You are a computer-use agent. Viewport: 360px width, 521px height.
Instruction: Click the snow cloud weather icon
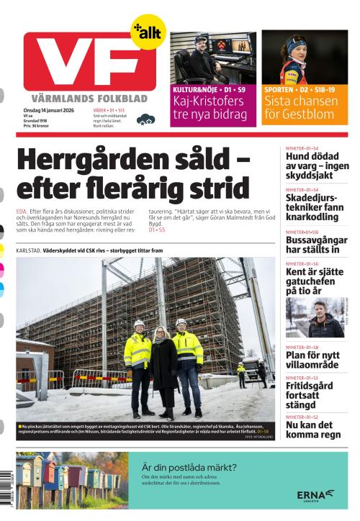(145, 119)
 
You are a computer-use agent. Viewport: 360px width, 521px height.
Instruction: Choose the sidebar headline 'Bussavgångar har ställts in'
(312, 244)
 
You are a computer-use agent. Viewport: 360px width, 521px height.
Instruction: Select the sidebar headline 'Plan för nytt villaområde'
(312, 359)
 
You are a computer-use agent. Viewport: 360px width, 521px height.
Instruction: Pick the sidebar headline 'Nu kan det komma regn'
(312, 430)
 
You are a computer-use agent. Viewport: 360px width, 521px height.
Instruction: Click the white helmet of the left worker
(139, 324)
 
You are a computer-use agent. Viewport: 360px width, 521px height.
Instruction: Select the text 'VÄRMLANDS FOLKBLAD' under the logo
(89, 98)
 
